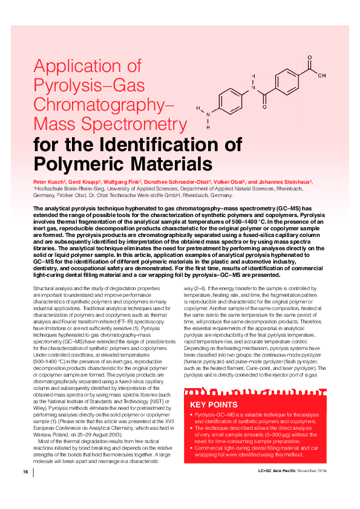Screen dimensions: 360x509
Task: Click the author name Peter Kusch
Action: coord(48,181)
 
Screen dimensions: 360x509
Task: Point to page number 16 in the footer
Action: coord(25,470)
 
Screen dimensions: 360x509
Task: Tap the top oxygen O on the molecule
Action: coord(309,59)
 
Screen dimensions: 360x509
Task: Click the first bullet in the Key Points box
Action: coord(192,415)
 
